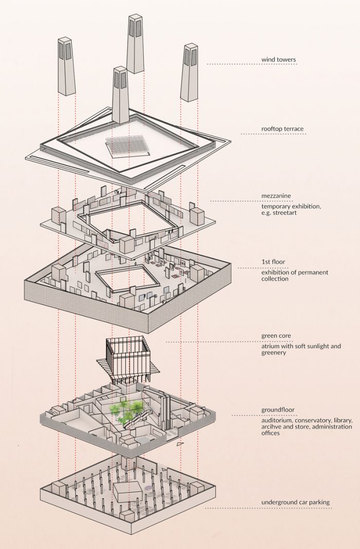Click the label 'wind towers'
point(278,60)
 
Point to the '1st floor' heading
point(273,262)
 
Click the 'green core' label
point(276,336)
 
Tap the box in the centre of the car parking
point(128,493)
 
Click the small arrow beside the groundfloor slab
point(179,443)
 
